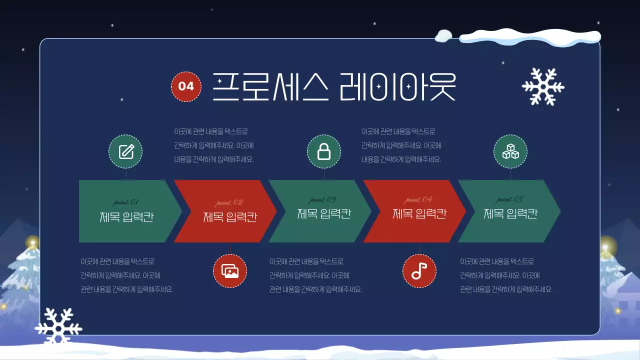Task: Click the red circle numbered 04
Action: (186, 86)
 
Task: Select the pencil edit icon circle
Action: (125, 151)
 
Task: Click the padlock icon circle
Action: (324, 151)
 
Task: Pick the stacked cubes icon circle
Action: (510, 151)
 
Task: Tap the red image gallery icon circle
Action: (230, 271)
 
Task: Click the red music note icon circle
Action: (419, 271)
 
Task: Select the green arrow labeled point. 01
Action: (127, 211)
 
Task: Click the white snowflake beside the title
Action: (543, 86)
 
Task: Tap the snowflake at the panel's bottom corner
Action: (58, 326)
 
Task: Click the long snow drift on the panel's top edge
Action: (530, 37)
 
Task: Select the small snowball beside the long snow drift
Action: (443, 35)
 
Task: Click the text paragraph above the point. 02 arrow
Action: (214, 145)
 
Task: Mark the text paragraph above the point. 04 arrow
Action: (401, 145)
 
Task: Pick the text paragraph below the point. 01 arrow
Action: (126, 275)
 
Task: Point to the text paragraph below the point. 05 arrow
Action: (506, 275)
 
